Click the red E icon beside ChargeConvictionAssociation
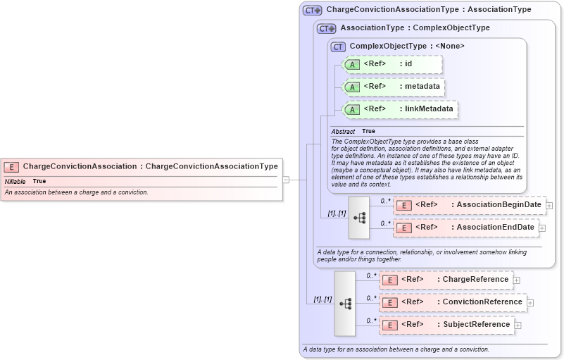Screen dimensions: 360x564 click(11, 167)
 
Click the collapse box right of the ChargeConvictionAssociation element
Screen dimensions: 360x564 click(285, 180)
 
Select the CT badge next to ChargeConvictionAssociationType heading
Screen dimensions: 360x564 click(312, 11)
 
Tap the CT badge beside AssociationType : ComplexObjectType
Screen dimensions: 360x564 click(326, 29)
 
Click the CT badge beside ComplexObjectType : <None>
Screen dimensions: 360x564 click(338, 46)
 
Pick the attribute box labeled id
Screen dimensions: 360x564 click(392, 64)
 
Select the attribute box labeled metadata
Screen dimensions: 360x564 click(392, 87)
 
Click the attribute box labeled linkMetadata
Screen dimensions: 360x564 click(399, 109)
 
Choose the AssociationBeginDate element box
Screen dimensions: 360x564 click(470, 205)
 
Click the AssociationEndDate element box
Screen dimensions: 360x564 click(465, 228)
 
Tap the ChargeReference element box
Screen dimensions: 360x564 click(446, 280)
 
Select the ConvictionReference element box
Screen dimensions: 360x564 click(453, 302)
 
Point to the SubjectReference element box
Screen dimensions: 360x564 click(446, 325)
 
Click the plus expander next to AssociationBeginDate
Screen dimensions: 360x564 click(549, 206)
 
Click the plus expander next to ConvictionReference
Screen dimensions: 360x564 click(530, 303)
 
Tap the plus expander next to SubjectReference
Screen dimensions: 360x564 click(518, 325)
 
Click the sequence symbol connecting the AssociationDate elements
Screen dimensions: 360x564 click(359, 218)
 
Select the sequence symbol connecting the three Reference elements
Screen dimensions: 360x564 click(345, 303)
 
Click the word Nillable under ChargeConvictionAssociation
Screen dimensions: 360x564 click(15, 182)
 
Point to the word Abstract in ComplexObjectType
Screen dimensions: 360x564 click(343, 132)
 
